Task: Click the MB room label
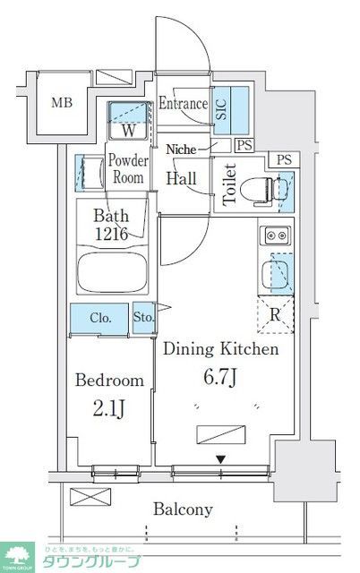pyautogui.click(x=61, y=102)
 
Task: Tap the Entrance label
pyautogui.click(x=184, y=104)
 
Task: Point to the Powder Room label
pyautogui.click(x=127, y=169)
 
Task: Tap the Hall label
pyautogui.click(x=182, y=177)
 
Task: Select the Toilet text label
pyautogui.click(x=229, y=184)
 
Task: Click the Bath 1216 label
pyautogui.click(x=113, y=224)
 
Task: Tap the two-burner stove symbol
pyautogui.click(x=274, y=236)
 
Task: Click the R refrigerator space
pyautogui.click(x=275, y=314)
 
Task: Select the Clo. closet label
pyautogui.click(x=99, y=317)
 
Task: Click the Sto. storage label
pyautogui.click(x=143, y=317)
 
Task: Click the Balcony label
pyautogui.click(x=183, y=509)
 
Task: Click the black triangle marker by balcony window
pyautogui.click(x=219, y=460)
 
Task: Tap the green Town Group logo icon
pyautogui.click(x=15, y=556)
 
